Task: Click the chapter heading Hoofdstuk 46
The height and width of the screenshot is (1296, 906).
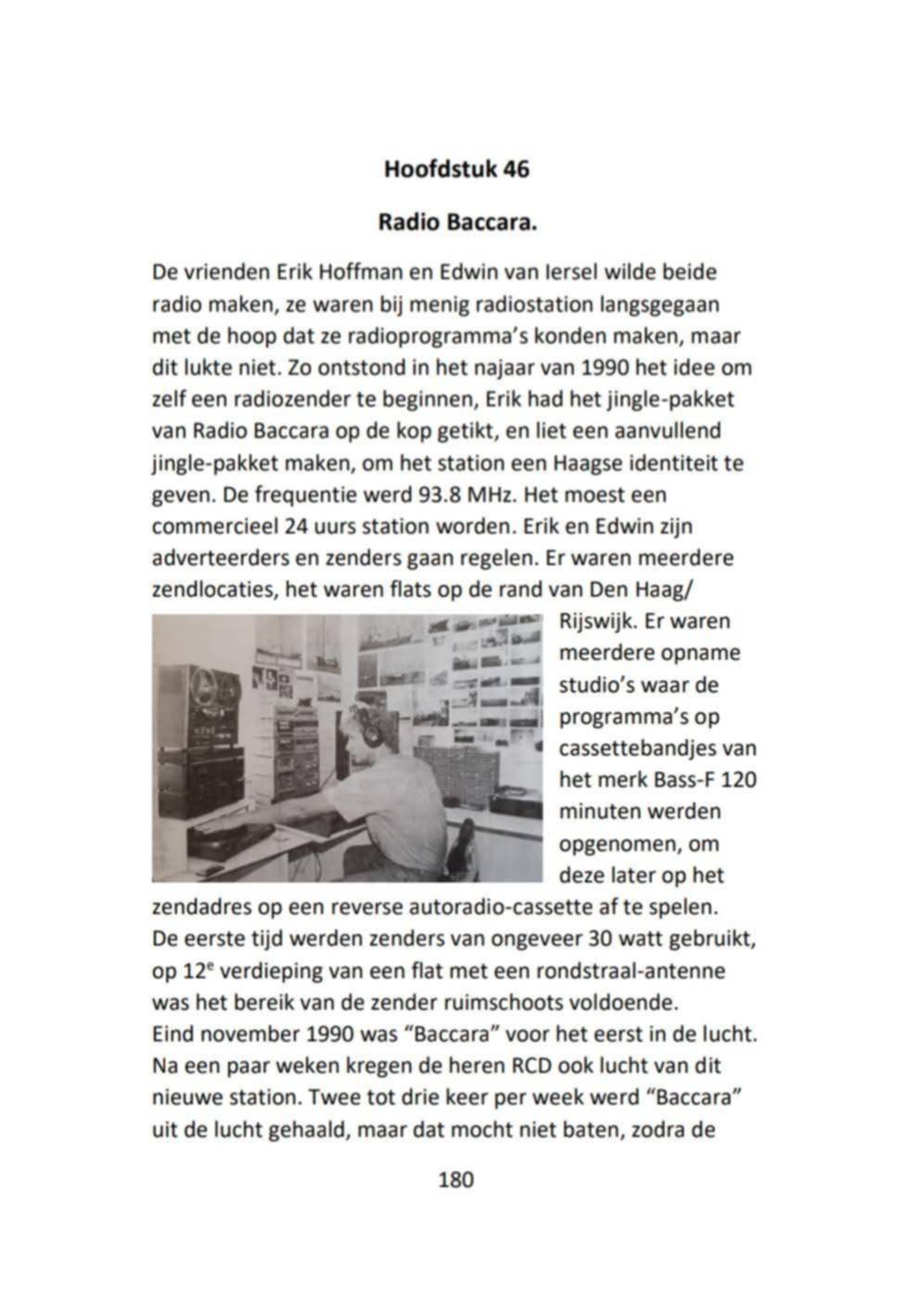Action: [x=456, y=170]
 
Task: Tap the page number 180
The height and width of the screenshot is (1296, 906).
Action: [x=454, y=1179]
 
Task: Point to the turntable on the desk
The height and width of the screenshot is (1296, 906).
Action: [x=232, y=840]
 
